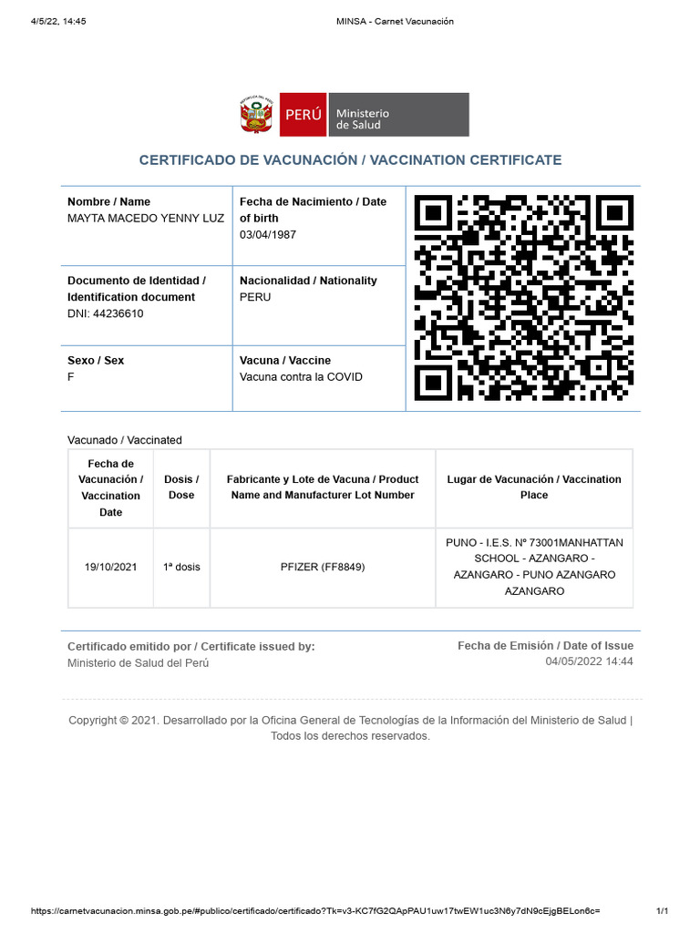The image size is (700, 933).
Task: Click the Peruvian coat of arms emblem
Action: [256, 115]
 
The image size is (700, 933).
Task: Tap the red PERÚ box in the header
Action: [303, 115]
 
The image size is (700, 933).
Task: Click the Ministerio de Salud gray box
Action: [397, 115]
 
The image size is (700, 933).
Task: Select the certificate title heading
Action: [350, 160]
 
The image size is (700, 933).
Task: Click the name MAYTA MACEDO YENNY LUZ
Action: [146, 219]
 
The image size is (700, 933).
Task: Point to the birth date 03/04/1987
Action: [268, 235]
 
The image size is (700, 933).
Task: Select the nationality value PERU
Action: [255, 298]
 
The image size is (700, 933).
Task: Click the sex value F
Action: [71, 377]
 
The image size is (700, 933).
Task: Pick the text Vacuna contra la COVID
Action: [301, 377]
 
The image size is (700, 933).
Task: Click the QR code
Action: [523, 298]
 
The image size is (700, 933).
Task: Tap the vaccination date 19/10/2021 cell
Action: [111, 567]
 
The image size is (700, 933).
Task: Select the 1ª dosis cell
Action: [181, 567]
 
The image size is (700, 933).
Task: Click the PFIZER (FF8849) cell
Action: [323, 567]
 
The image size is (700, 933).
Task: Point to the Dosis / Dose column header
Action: [181, 487]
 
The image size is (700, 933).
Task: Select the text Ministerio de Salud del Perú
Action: [139, 663]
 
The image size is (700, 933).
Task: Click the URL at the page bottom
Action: [315, 911]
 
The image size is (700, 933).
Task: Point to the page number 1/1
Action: [663, 911]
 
